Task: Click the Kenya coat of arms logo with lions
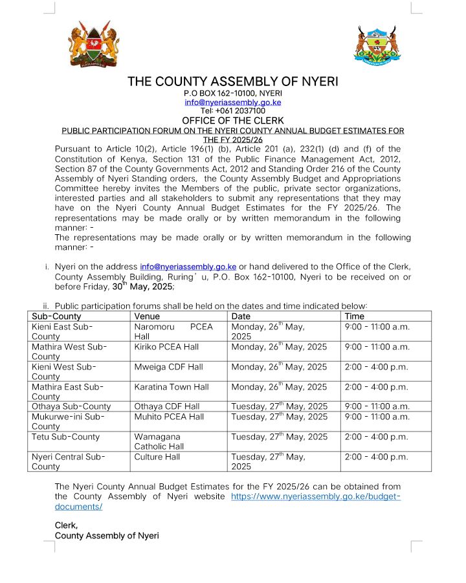(94, 45)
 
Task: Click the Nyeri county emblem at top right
(375, 45)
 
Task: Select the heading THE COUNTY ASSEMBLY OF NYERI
(232, 82)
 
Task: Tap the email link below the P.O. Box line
(232, 102)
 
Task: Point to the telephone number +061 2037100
(232, 111)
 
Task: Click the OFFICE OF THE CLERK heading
(232, 120)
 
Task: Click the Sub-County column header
(56, 316)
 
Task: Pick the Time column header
(354, 316)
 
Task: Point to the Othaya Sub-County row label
(71, 406)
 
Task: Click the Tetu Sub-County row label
(65, 437)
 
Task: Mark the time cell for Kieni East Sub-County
(377, 327)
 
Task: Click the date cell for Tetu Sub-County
(279, 437)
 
